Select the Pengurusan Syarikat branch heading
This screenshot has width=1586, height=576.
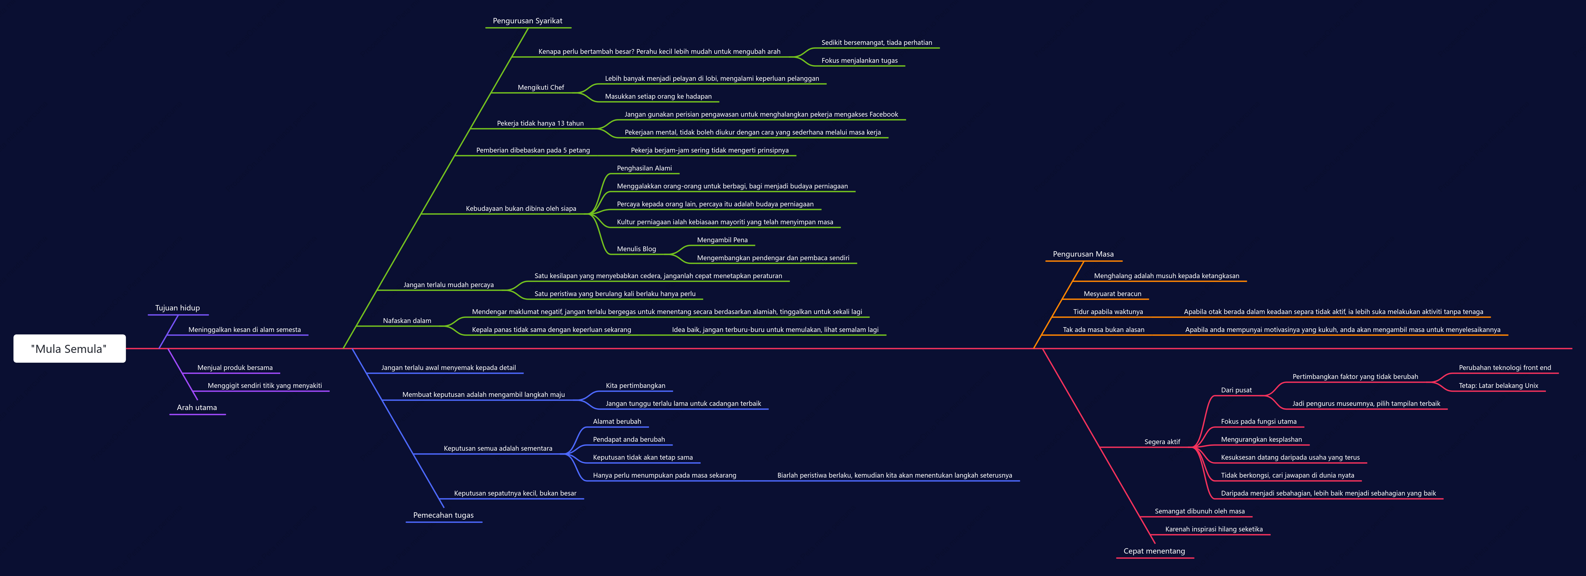point(528,21)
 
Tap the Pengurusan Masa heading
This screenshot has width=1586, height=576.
point(1083,254)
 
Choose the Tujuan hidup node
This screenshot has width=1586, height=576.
point(177,308)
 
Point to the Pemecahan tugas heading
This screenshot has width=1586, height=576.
point(443,515)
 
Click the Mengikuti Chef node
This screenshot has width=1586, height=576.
point(541,87)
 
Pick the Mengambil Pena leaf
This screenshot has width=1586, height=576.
point(722,240)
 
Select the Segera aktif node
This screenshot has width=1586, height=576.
point(1162,442)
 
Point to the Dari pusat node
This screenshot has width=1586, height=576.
point(1236,390)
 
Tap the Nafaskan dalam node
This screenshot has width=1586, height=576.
point(407,321)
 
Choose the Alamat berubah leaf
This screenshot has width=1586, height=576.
point(617,422)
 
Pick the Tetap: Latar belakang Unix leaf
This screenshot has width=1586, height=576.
point(1498,386)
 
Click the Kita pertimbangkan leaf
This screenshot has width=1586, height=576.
point(635,386)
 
